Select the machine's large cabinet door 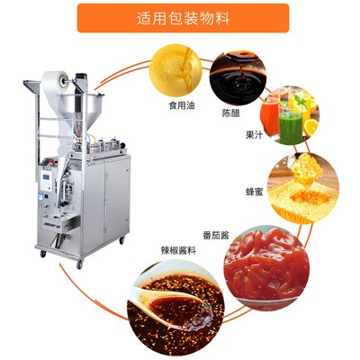point(116,197)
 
